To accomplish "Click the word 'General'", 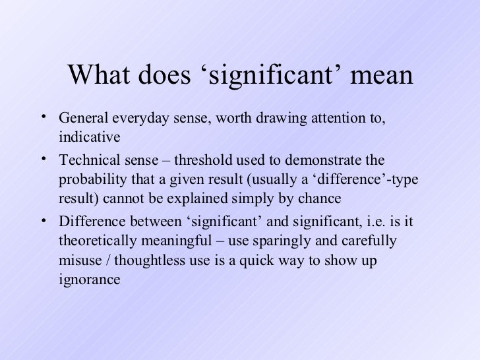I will coord(82,119).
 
